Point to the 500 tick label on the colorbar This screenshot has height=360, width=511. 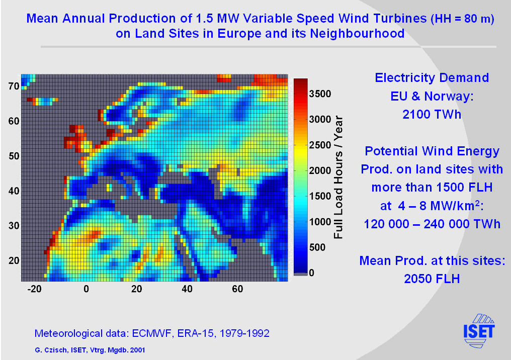[317, 247]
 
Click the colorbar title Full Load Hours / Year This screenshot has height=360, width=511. [338, 177]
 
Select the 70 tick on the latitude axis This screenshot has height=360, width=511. [14, 86]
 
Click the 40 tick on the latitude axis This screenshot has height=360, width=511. [14, 191]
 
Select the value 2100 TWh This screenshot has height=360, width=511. [432, 114]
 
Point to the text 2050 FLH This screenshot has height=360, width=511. [432, 279]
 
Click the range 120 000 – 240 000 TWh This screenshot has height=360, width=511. [432, 224]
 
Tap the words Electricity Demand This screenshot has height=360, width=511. [432, 78]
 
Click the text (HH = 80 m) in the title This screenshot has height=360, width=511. [462, 20]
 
